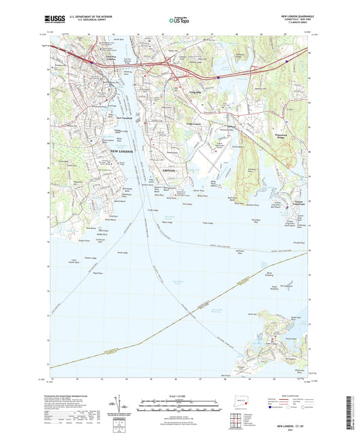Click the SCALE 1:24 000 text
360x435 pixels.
[x=179, y=394]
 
